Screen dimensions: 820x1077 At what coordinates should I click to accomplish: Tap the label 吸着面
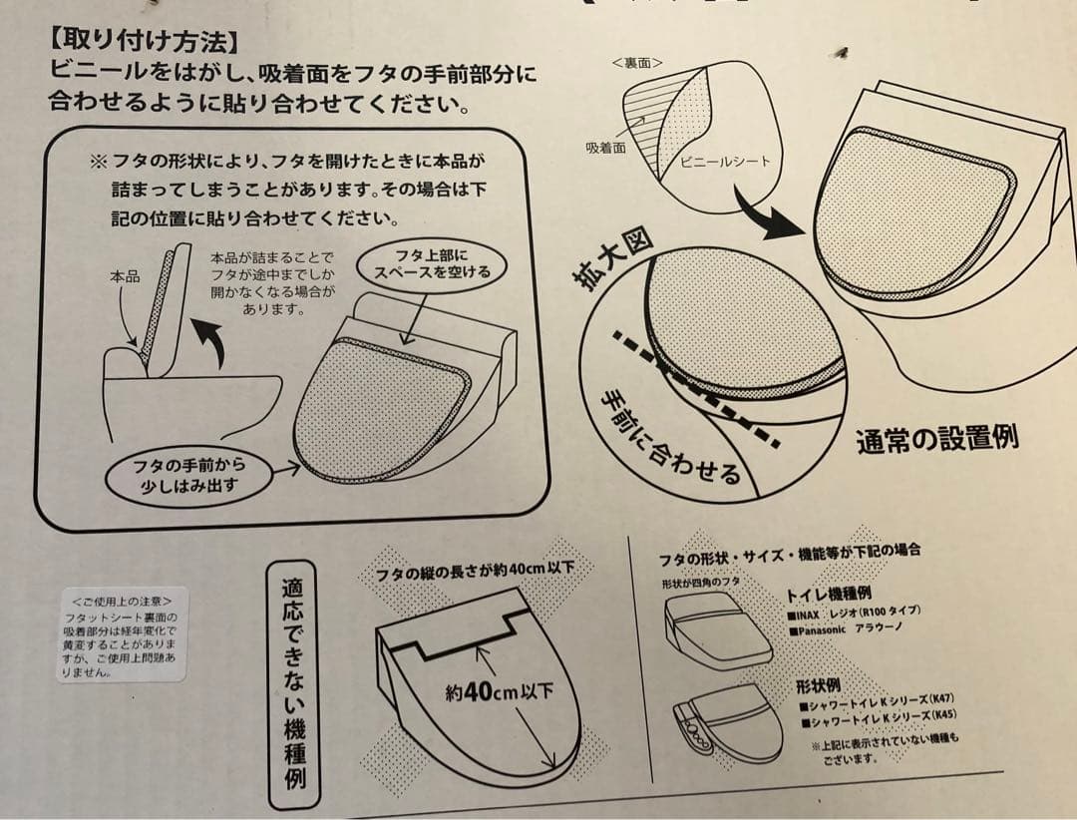pos(605,147)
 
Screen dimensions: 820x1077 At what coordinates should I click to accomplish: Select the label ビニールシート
pos(726,162)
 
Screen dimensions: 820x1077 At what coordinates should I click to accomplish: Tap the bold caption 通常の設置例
pos(937,439)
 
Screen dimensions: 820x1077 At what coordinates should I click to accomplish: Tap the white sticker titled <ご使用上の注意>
pos(121,634)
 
